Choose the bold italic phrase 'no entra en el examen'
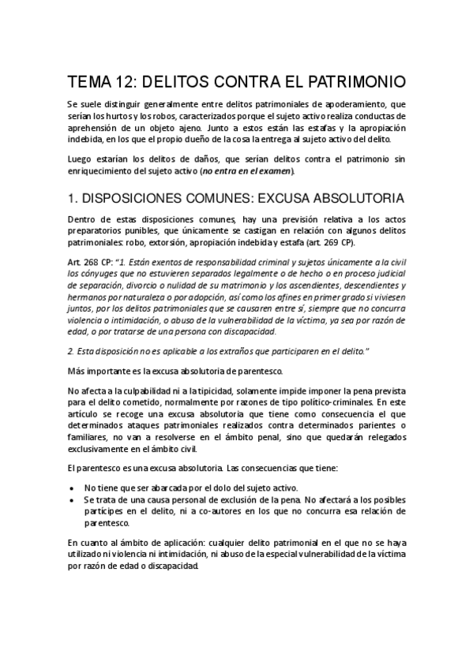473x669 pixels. point(247,171)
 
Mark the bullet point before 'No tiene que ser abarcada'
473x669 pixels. point(73,488)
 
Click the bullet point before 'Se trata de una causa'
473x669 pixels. point(73,499)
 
